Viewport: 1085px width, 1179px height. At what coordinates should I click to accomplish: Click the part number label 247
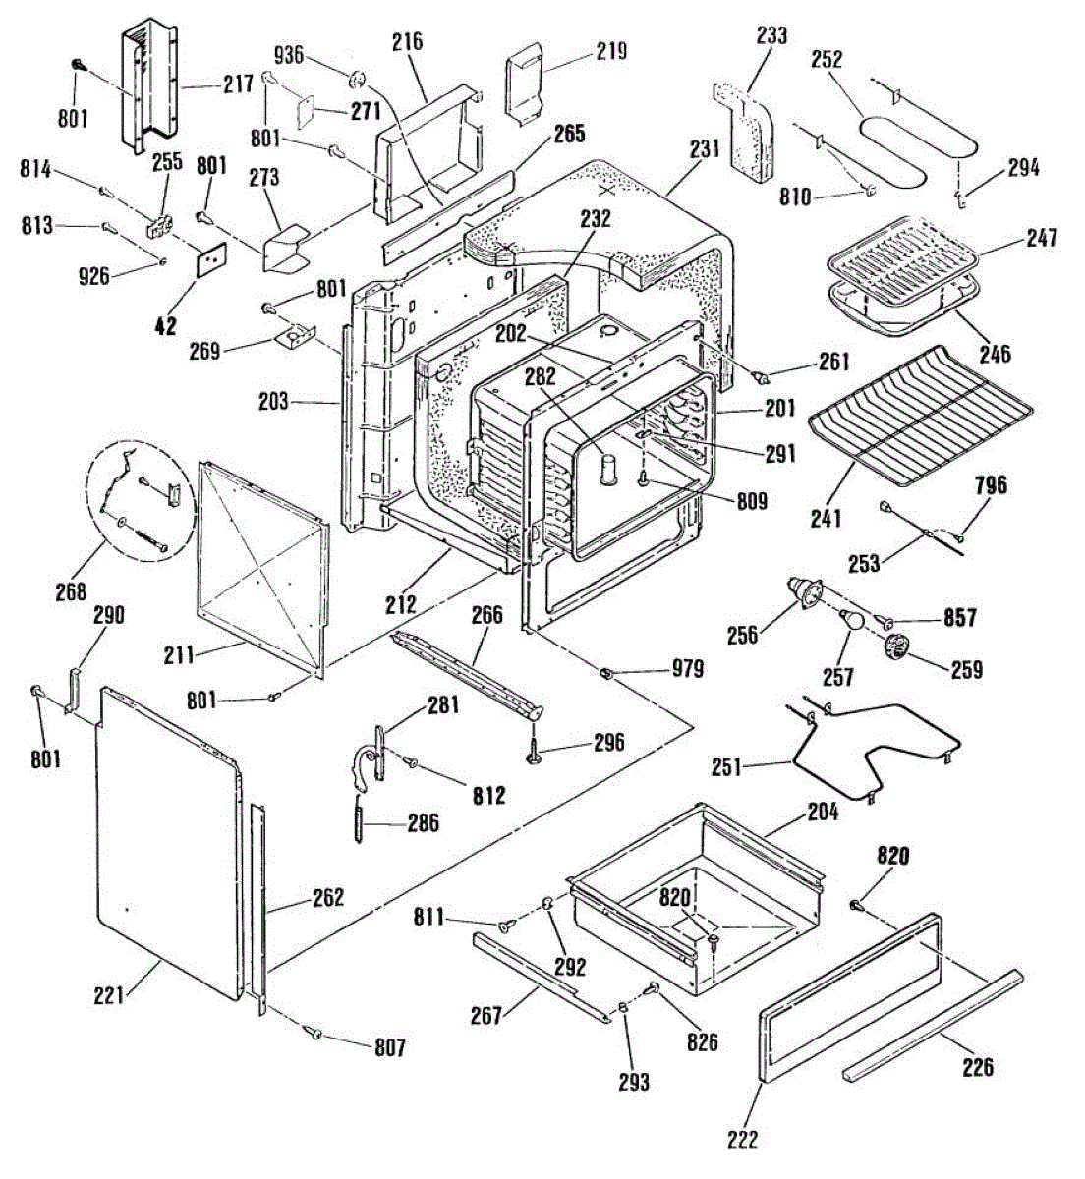click(1041, 238)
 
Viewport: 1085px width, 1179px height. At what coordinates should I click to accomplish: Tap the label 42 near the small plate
click(166, 324)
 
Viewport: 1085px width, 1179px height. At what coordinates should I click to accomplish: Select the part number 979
click(687, 669)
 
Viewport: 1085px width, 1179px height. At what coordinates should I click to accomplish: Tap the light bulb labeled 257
click(851, 621)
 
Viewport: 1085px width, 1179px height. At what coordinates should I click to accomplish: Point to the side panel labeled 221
click(166, 845)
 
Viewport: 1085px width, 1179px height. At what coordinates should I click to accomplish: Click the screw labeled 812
click(414, 762)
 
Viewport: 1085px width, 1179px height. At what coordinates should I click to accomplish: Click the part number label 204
click(823, 812)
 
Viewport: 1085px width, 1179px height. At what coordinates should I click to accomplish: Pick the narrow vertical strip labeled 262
click(259, 904)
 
